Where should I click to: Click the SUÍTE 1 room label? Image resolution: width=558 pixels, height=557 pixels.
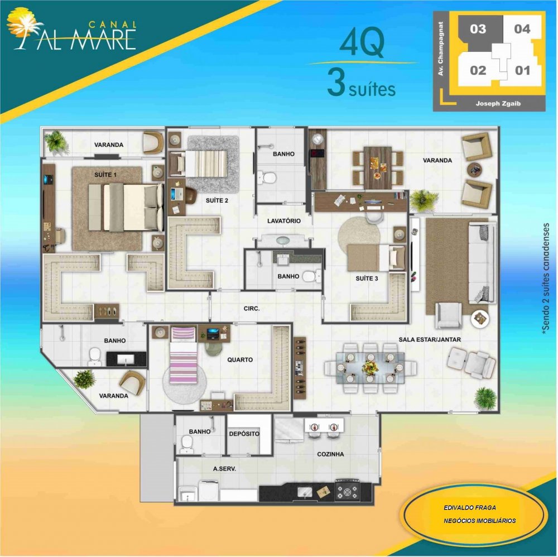click(x=105, y=175)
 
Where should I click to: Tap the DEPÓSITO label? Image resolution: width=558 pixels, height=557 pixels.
click(x=244, y=434)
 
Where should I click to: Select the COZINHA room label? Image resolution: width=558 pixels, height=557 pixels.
click(x=330, y=454)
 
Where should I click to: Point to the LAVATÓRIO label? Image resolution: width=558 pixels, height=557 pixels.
click(x=284, y=220)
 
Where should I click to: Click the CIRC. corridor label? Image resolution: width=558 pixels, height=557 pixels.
click(x=252, y=309)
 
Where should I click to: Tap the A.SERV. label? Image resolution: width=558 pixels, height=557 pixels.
click(x=224, y=469)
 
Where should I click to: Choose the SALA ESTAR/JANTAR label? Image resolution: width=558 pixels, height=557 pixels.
click(x=430, y=339)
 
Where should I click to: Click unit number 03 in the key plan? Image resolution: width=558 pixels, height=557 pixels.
click(x=478, y=28)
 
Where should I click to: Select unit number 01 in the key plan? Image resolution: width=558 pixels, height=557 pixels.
click(x=522, y=70)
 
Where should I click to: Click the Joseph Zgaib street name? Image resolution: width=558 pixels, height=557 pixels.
click(x=498, y=104)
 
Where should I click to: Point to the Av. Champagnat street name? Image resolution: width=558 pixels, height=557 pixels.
click(x=441, y=49)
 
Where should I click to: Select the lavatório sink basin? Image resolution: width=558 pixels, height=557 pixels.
click(x=283, y=241)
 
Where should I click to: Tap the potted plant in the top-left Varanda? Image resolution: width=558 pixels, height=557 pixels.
click(x=56, y=142)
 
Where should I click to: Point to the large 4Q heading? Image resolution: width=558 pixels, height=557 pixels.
click(x=362, y=44)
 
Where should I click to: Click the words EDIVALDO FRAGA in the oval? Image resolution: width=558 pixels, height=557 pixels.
click(x=469, y=507)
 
